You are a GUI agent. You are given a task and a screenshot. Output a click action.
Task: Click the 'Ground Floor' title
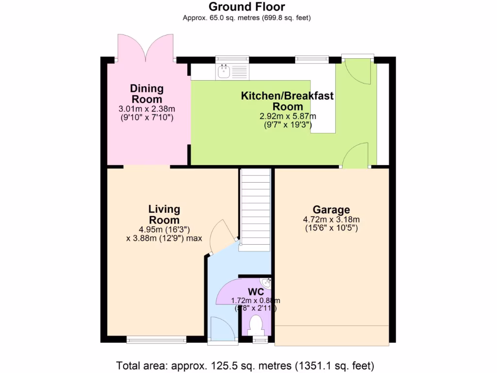(x=247, y=7)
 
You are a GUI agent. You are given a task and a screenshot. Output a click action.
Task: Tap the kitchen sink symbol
(x=224, y=72)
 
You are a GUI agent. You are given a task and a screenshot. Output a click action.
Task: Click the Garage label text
(x=331, y=210)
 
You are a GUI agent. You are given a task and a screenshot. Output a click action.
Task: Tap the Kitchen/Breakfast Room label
(x=287, y=101)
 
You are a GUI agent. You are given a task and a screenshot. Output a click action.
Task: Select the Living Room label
(x=164, y=214)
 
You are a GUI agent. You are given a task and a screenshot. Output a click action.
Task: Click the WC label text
(x=256, y=292)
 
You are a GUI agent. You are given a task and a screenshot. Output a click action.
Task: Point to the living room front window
(x=156, y=340)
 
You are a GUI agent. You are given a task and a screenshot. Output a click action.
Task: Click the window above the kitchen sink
(x=232, y=60)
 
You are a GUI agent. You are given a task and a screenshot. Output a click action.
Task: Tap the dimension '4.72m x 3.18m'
(x=331, y=220)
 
